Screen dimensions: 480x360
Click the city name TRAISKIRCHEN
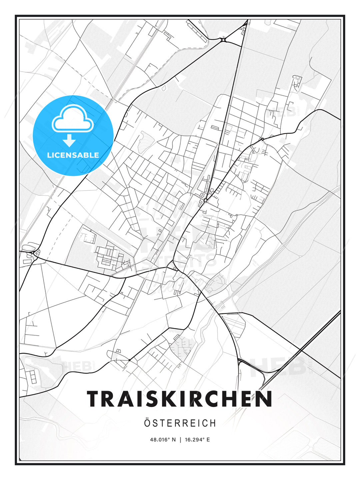point(180,399)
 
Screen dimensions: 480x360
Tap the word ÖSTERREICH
point(180,423)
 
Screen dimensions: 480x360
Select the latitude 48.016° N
point(163,440)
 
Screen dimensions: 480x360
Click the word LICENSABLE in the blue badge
point(73,155)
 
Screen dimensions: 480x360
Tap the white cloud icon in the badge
point(72,119)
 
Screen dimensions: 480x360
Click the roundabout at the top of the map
point(223,40)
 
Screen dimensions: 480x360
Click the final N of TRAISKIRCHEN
point(264,399)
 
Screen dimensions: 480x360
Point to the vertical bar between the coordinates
point(180,440)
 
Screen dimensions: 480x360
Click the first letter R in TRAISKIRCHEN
point(110,399)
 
